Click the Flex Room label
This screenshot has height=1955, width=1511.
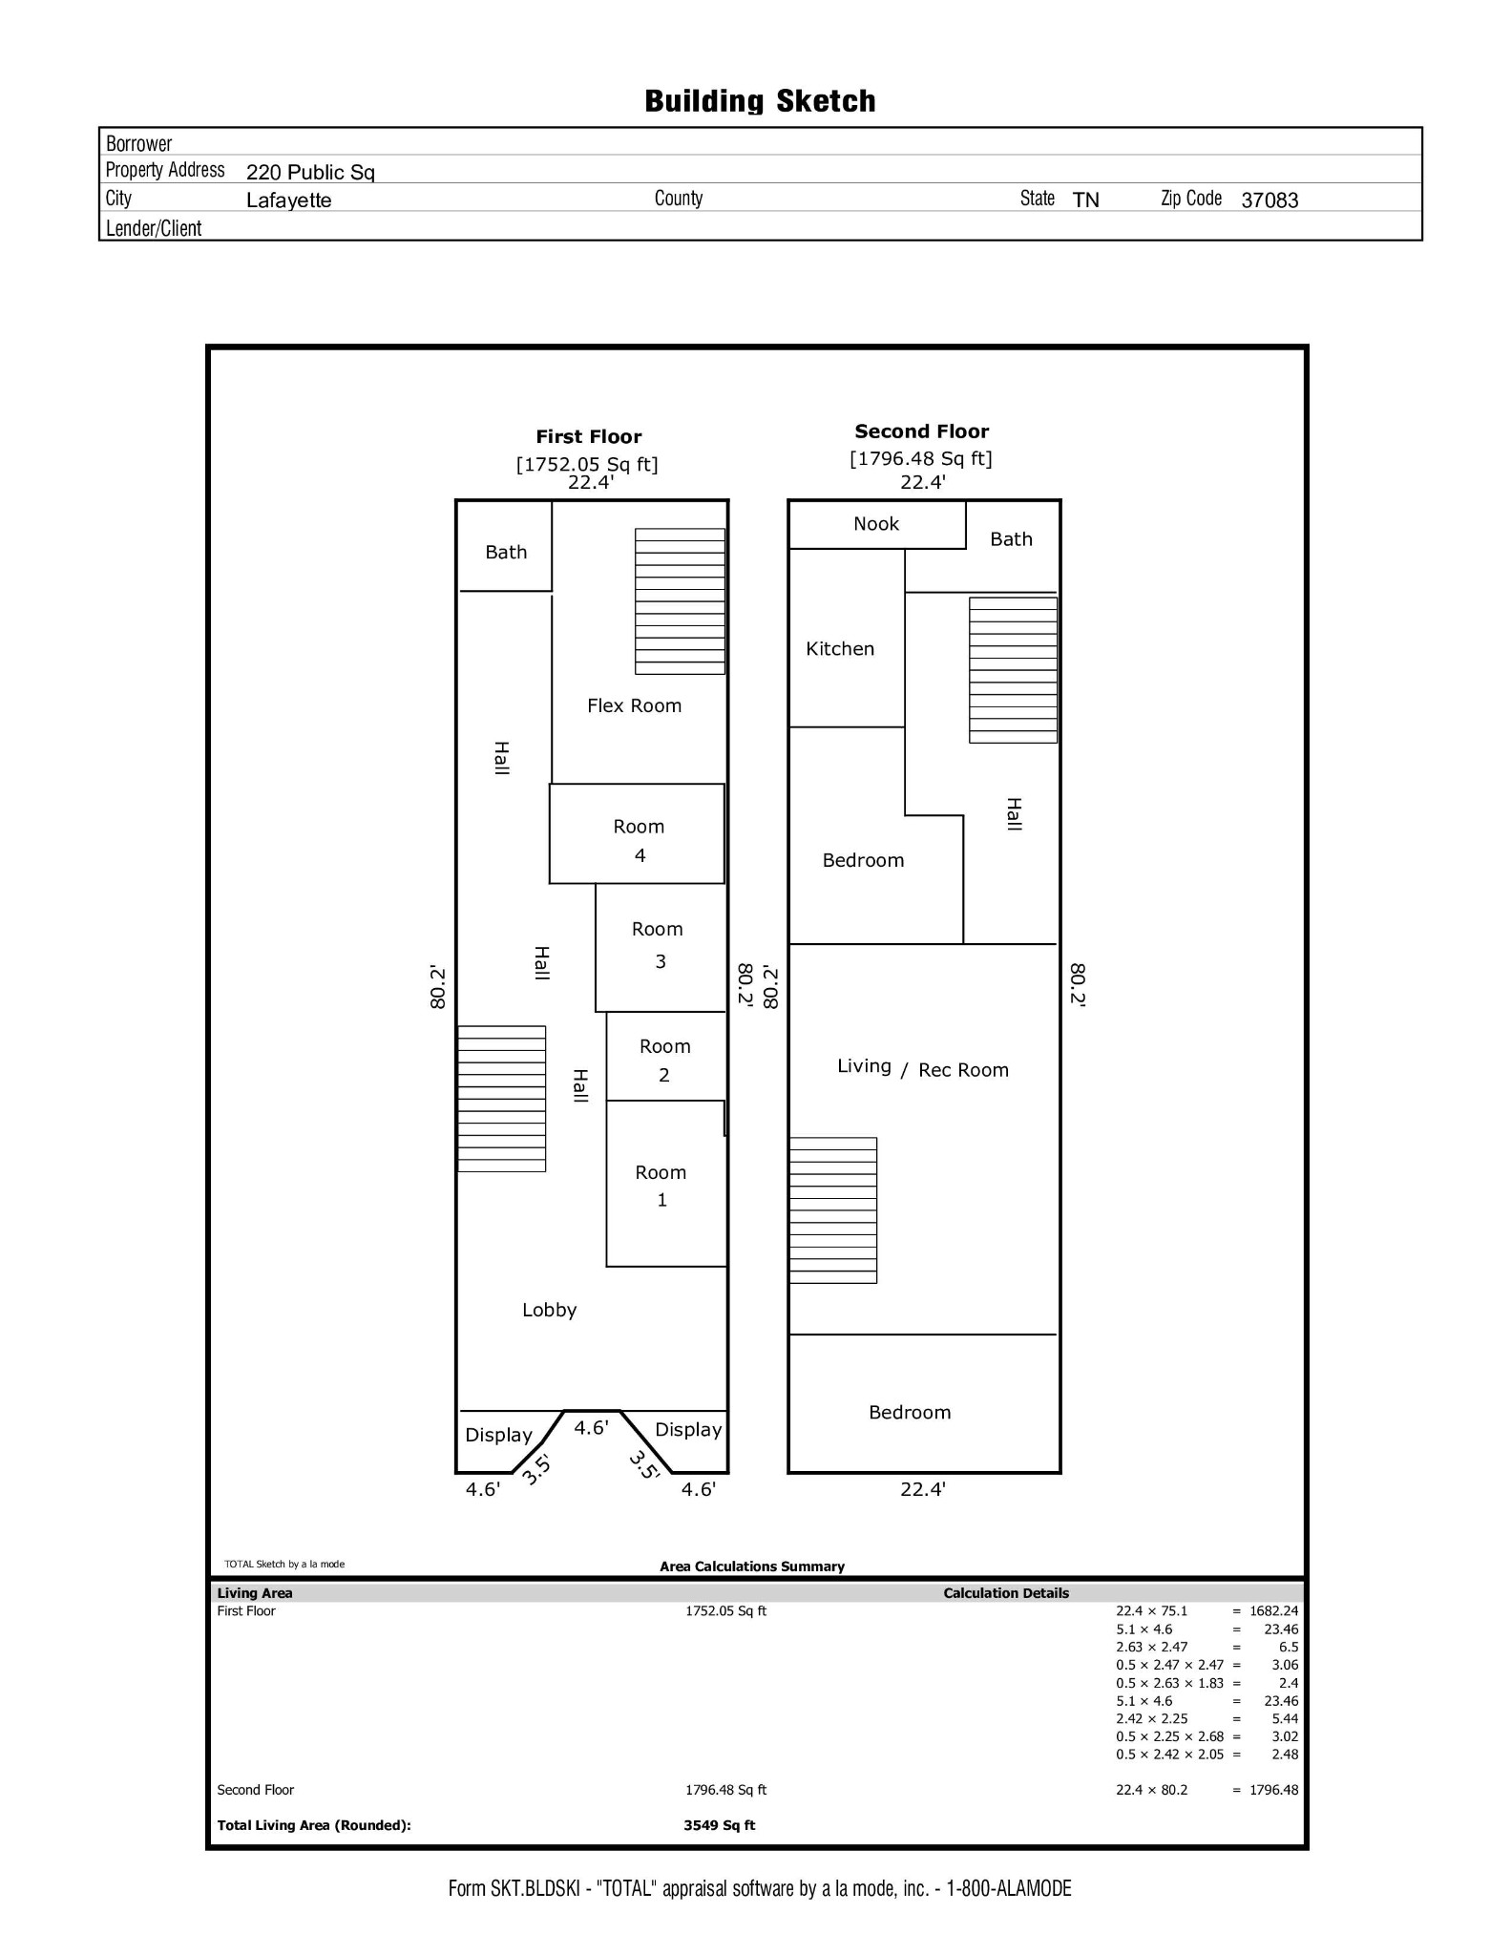pos(634,705)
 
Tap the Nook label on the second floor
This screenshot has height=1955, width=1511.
pos(876,523)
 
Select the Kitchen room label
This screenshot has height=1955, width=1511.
pos(840,649)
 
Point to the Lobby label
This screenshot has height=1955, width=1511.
pos(549,1310)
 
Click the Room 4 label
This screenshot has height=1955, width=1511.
pos(639,841)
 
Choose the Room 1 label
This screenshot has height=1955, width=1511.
pos(661,1186)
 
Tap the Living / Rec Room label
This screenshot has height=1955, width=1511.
pos(923,1068)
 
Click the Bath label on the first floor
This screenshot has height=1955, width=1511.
pos(506,552)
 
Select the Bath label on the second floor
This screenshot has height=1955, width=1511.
pos(1011,539)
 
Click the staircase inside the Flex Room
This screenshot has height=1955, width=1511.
pos(681,601)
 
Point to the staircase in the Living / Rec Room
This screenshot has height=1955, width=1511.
pos(833,1210)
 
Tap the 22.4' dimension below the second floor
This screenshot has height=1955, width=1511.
pos(923,1488)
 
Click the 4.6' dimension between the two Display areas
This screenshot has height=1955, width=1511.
pos(591,1427)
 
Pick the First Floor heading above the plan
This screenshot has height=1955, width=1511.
pos(589,436)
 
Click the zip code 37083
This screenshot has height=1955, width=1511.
pos(1270,200)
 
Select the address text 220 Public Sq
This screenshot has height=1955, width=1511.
pos(310,173)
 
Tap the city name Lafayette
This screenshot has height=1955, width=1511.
pos(288,200)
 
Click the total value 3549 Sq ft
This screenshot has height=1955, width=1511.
pos(720,1825)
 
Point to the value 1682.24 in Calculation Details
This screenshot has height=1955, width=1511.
pos(1274,1610)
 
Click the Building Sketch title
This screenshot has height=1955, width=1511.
pos(761,101)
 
